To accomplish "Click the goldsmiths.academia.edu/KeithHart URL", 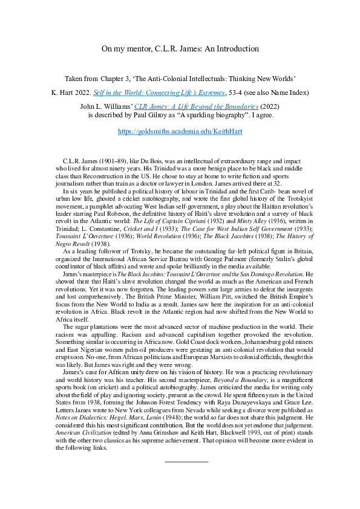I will [x=180, y=131].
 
